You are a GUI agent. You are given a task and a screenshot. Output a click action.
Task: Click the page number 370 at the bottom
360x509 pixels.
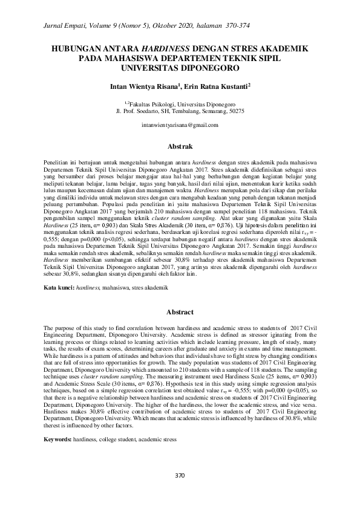click(179, 475)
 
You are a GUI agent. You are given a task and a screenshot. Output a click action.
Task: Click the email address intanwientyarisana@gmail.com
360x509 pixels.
click(179, 125)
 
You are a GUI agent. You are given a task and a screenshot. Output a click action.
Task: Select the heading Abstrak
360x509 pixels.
click(180, 146)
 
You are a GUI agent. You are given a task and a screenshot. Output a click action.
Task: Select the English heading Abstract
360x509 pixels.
click(180, 312)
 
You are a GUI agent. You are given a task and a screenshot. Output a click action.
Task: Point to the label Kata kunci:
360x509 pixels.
click(59, 289)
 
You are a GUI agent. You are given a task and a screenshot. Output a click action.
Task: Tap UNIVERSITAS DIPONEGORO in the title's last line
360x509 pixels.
click(180, 68)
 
